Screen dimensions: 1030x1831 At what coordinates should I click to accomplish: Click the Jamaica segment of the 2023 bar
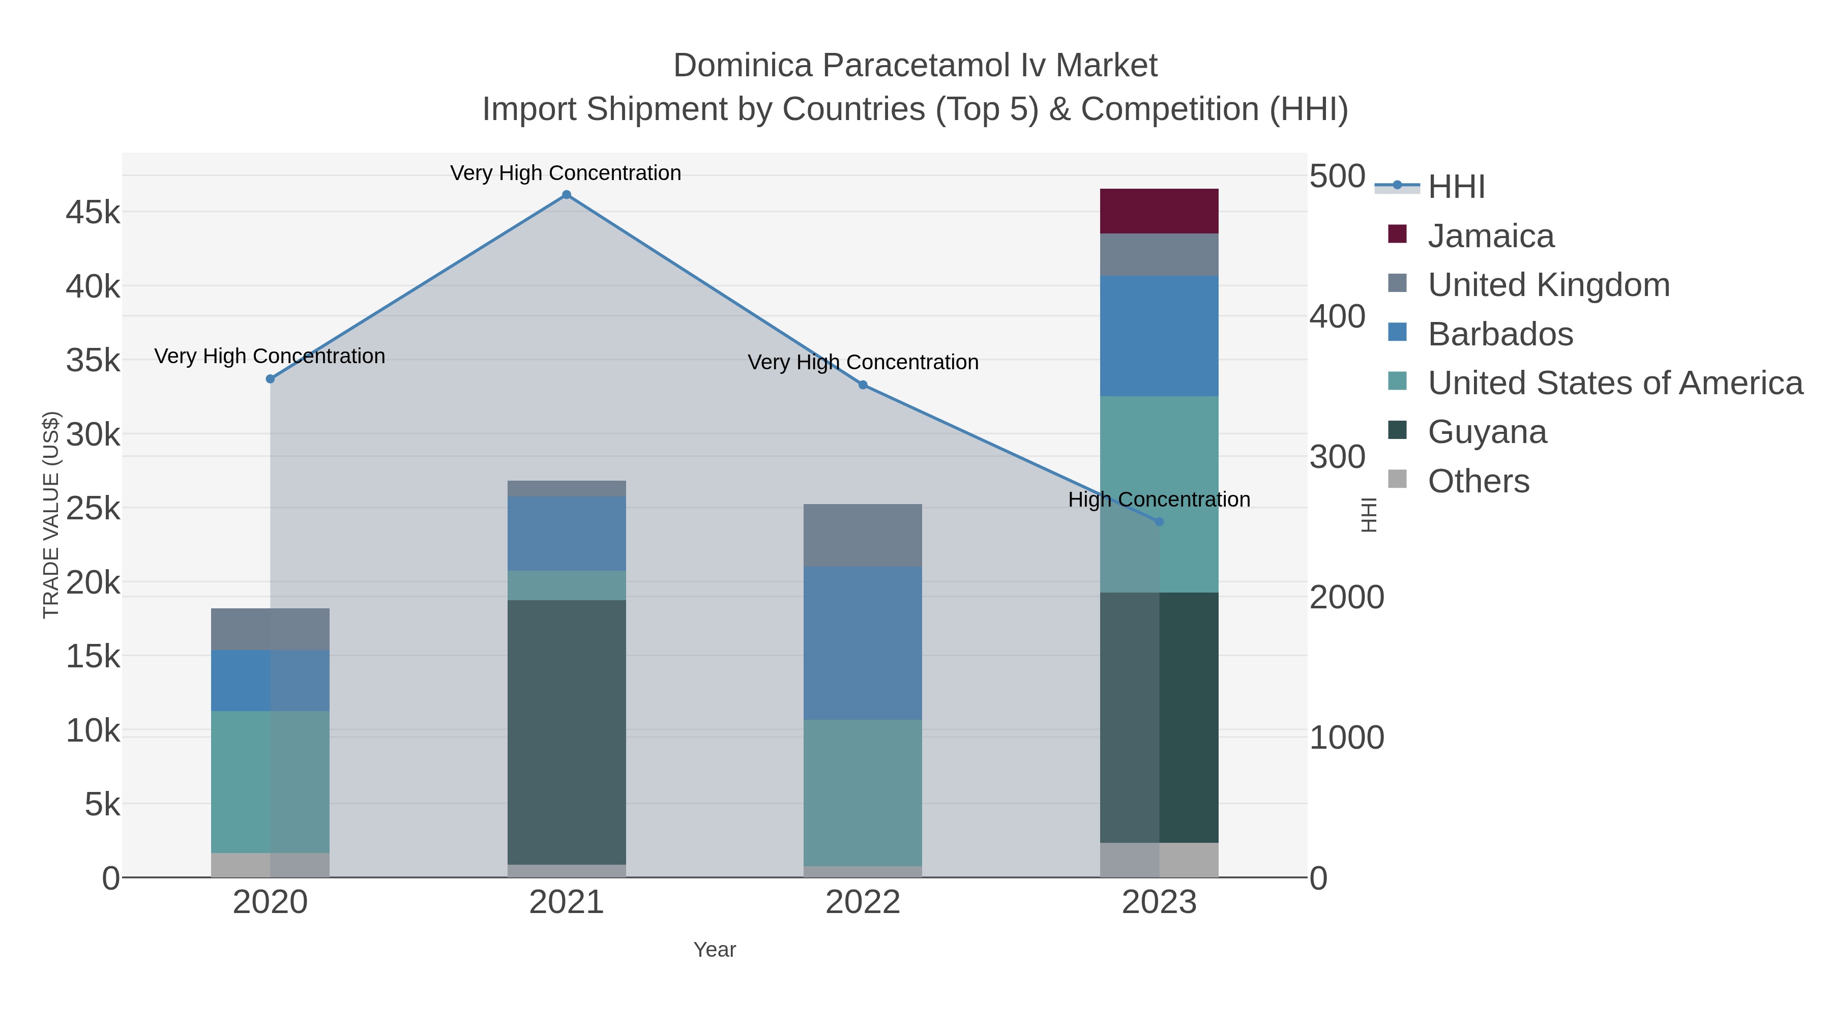point(1159,211)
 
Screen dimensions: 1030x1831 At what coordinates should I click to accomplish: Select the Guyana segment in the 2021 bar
point(567,732)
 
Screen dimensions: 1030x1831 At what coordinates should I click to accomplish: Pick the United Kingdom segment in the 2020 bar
point(270,629)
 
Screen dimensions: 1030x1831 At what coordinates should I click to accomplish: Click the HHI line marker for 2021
point(567,195)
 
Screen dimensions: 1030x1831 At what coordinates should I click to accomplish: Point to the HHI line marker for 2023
point(1159,522)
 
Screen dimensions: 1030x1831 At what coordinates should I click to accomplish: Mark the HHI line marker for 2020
point(270,379)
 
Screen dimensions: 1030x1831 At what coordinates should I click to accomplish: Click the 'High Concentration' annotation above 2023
point(1159,499)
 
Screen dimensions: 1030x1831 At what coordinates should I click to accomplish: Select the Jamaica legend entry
point(1491,236)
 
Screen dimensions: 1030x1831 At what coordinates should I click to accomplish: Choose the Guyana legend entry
point(1487,432)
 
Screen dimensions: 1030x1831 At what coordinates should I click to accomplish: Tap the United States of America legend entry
point(1615,383)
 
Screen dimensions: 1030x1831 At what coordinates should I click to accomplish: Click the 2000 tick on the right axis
point(1346,597)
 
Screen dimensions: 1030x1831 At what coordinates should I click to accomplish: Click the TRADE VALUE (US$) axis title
point(51,515)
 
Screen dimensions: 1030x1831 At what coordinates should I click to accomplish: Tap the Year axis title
point(715,950)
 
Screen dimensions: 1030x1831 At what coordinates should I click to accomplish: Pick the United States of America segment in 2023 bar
point(1159,494)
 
